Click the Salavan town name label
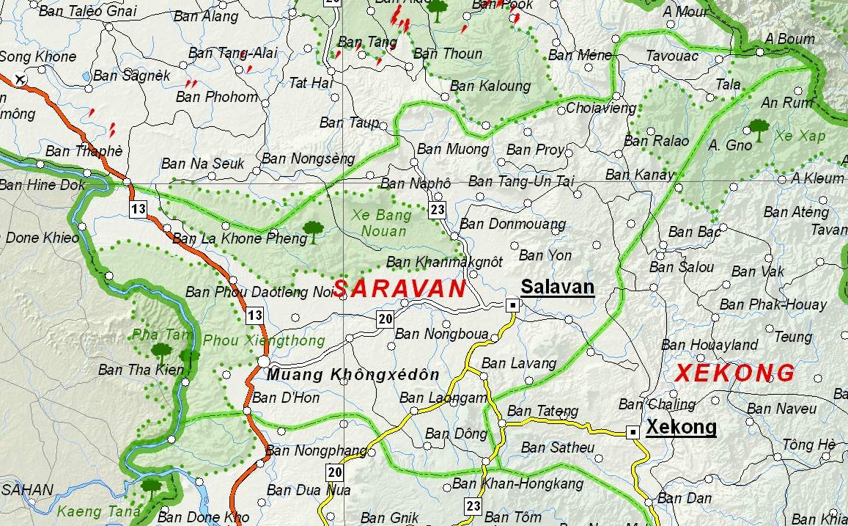click(557, 287)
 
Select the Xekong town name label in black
click(681, 427)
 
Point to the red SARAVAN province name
click(399, 289)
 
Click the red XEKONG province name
click(734, 373)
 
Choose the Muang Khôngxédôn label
click(353, 375)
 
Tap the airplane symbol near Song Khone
click(20, 78)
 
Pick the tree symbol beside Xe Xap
click(759, 129)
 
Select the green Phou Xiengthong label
click(263, 341)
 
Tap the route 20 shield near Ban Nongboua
click(386, 319)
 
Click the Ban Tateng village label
click(542, 412)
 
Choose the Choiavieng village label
click(601, 109)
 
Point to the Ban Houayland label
click(709, 345)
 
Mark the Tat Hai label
click(311, 83)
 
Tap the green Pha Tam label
click(152, 335)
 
